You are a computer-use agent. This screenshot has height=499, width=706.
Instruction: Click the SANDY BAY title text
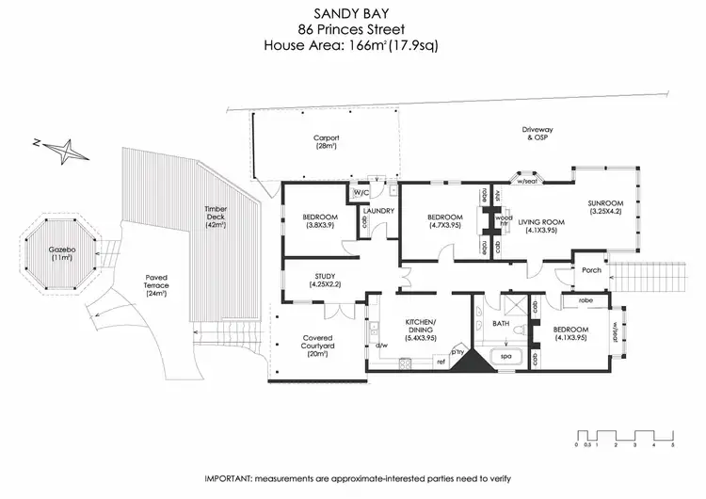point(352,13)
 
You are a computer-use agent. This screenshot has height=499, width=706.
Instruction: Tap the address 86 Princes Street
point(352,28)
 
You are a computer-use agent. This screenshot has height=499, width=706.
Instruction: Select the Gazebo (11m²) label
point(61,254)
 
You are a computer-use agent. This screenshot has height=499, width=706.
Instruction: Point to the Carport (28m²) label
point(326,142)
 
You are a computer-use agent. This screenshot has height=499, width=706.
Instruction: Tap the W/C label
point(360,193)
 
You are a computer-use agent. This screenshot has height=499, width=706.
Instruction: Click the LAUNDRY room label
point(380,211)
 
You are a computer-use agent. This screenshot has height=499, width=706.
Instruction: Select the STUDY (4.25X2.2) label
point(320,280)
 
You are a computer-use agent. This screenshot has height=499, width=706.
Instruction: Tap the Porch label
point(592,270)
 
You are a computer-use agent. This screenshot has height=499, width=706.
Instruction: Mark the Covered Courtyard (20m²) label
point(316,346)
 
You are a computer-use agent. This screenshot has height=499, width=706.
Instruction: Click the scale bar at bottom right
point(624,436)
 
